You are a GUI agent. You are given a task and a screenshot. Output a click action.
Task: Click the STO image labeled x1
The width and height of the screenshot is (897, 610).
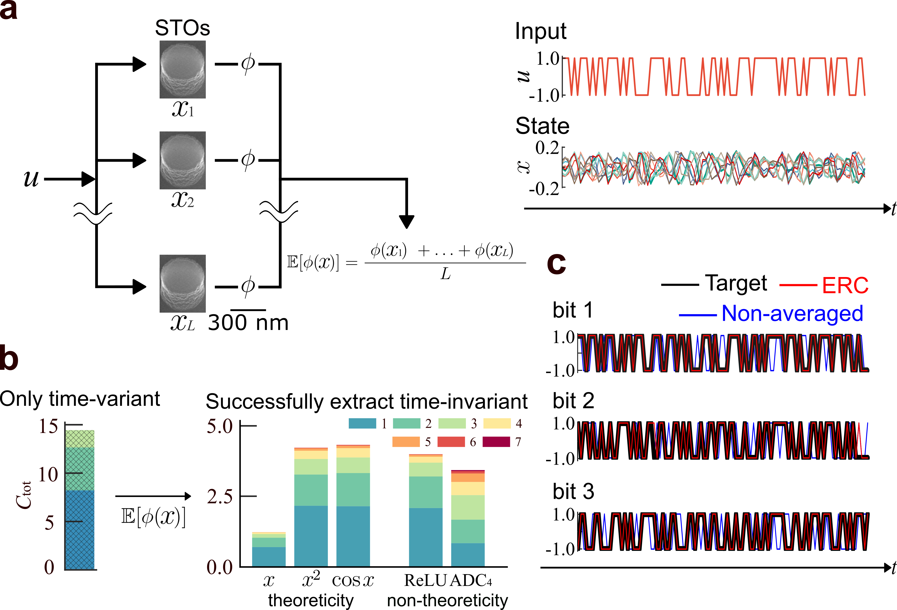point(183,70)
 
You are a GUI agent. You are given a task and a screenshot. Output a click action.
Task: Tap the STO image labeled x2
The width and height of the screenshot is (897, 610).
point(183,160)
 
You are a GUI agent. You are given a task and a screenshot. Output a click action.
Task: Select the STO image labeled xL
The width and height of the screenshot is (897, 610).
point(183,284)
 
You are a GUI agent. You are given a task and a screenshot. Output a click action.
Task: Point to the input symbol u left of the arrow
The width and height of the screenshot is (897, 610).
point(31,179)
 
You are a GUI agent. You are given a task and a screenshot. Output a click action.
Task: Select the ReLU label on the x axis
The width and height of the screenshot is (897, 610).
point(425,580)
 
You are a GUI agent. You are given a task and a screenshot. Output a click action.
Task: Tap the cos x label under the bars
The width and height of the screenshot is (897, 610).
point(353,580)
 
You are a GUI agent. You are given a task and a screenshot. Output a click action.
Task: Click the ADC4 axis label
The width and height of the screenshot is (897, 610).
point(471,580)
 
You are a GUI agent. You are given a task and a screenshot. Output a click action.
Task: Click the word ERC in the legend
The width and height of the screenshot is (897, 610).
point(845,286)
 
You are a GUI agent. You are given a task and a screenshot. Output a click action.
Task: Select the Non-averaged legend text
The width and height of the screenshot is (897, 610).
point(792,313)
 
